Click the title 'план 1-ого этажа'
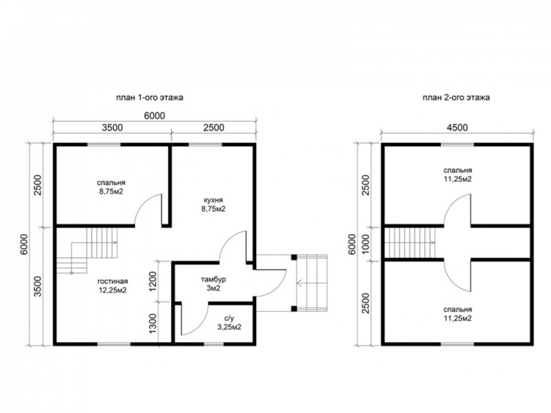click(x=150, y=97)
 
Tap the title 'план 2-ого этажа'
click(x=456, y=97)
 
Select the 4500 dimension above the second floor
click(x=457, y=127)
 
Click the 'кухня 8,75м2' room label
click(x=213, y=204)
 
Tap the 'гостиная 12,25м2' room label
click(x=112, y=286)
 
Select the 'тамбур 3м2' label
click(x=213, y=284)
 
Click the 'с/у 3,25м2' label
click(x=229, y=323)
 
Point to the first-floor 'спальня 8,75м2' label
click(x=111, y=187)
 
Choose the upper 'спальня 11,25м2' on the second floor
click(x=457, y=175)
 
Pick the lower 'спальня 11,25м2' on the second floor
click(x=457, y=314)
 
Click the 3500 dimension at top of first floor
click(x=112, y=127)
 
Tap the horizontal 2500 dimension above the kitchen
click(x=214, y=127)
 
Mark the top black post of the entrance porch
click(x=294, y=257)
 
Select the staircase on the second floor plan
click(x=410, y=243)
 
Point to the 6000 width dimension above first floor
click(x=155, y=116)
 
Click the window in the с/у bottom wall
click(x=214, y=344)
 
